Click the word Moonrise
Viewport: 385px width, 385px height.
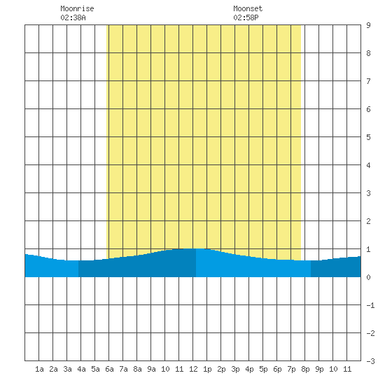click(x=77, y=8)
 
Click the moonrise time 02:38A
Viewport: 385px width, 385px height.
click(x=73, y=17)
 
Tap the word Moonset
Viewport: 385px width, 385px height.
click(x=248, y=8)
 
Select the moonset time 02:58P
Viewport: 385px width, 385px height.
click(x=246, y=17)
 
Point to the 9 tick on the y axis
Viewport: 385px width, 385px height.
click(x=368, y=25)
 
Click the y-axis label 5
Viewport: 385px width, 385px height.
click(x=368, y=137)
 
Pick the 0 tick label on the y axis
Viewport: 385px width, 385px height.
click(x=368, y=277)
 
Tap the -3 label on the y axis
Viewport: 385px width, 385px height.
click(x=370, y=361)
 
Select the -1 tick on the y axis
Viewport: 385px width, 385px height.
click(x=370, y=305)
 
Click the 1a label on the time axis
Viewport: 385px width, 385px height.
click(x=39, y=369)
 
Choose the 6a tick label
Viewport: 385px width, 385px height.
click(x=109, y=369)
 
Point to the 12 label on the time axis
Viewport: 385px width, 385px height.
click(x=193, y=369)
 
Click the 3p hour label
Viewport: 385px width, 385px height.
click(x=235, y=369)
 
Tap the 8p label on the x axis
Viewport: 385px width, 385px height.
click(x=305, y=369)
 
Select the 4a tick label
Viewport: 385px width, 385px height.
click(x=81, y=369)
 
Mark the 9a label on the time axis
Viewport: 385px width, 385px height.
click(x=151, y=369)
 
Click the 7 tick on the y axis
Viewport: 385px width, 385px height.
click(x=368, y=81)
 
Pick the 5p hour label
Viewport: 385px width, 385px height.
click(x=263, y=369)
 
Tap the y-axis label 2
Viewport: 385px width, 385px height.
click(x=368, y=221)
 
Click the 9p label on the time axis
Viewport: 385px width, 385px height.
click(x=319, y=369)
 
